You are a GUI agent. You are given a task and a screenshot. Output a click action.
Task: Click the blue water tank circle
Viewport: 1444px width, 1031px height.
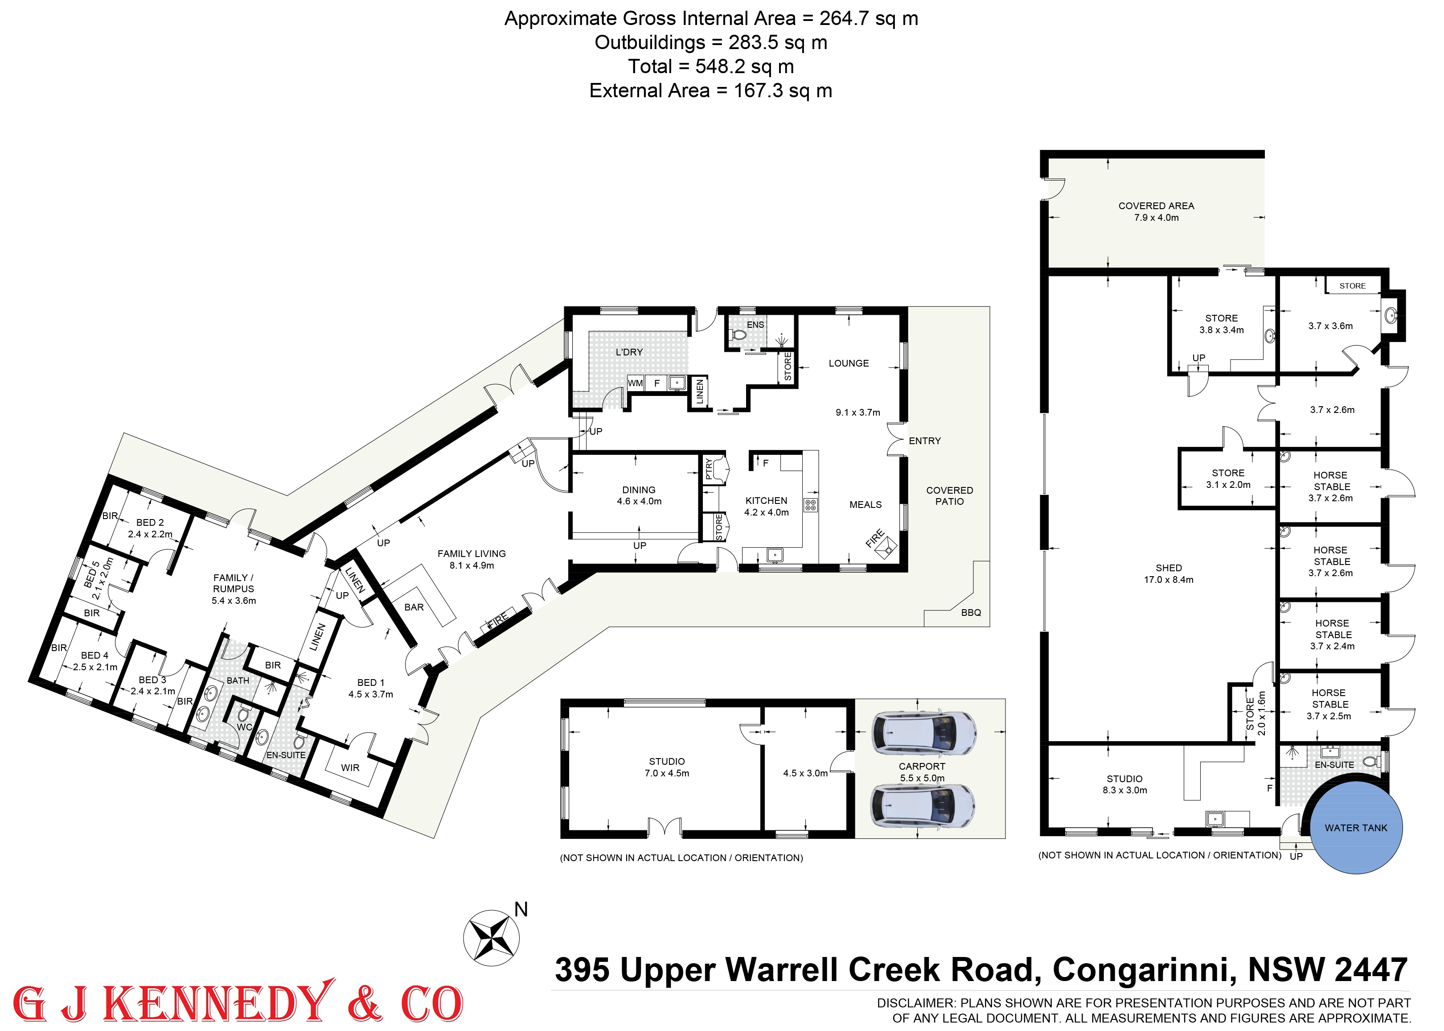pos(1356,827)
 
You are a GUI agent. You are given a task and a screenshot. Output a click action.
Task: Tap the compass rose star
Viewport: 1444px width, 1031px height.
pos(491,938)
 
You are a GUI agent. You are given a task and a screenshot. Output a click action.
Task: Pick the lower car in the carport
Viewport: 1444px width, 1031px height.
pos(923,806)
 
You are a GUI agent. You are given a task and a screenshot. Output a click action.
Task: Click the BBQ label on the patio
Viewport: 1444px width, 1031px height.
pos(971,613)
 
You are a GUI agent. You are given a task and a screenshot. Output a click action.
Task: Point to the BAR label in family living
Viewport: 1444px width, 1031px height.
pos(414,607)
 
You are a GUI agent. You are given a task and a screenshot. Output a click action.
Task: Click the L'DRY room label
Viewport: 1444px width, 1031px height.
pos(629,352)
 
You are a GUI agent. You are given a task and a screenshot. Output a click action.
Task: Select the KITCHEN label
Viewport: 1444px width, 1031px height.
pos(767,500)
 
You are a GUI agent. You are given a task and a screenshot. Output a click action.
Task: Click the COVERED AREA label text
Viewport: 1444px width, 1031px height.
pos(1156,206)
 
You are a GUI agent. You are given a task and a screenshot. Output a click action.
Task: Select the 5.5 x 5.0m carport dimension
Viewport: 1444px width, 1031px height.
pos(922,778)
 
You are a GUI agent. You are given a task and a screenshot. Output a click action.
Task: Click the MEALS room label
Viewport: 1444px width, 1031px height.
pos(866,505)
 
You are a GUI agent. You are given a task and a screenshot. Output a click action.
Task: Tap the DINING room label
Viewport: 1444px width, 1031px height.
pos(639,490)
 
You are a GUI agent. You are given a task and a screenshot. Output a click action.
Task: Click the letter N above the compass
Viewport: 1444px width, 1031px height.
pos(521,910)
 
